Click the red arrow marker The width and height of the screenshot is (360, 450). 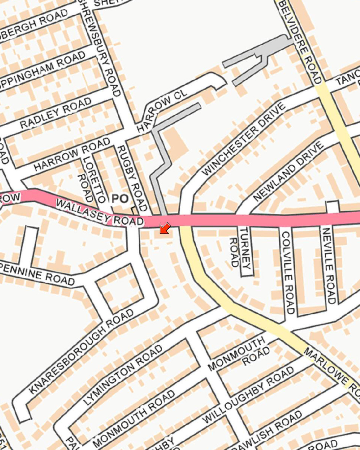point(165,228)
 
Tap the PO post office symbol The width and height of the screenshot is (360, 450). point(120,199)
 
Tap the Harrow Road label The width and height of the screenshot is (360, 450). point(72,154)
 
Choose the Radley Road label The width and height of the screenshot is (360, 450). point(55,113)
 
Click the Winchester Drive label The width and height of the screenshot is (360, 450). point(244,140)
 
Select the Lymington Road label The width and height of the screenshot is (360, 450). point(123,375)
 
